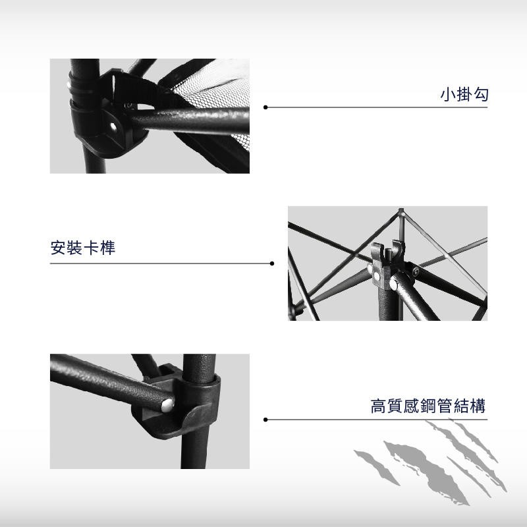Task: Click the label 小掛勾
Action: point(464,94)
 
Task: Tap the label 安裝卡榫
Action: point(83,248)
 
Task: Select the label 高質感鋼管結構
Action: point(428,406)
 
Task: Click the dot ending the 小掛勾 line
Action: point(265,107)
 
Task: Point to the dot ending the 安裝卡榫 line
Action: point(272,263)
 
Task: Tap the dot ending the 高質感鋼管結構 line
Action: point(265,420)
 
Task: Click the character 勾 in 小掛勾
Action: point(481,94)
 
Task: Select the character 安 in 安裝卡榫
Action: point(58,248)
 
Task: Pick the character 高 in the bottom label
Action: point(378,406)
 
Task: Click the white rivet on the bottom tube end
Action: point(168,405)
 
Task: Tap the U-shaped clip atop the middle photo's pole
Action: point(387,250)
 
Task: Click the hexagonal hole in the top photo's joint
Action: point(113,126)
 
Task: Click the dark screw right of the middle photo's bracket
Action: point(416,271)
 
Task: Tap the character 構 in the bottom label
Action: point(478,406)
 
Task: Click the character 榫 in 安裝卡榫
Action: point(107,248)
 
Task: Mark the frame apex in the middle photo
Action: point(401,210)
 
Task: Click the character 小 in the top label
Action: point(447,94)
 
